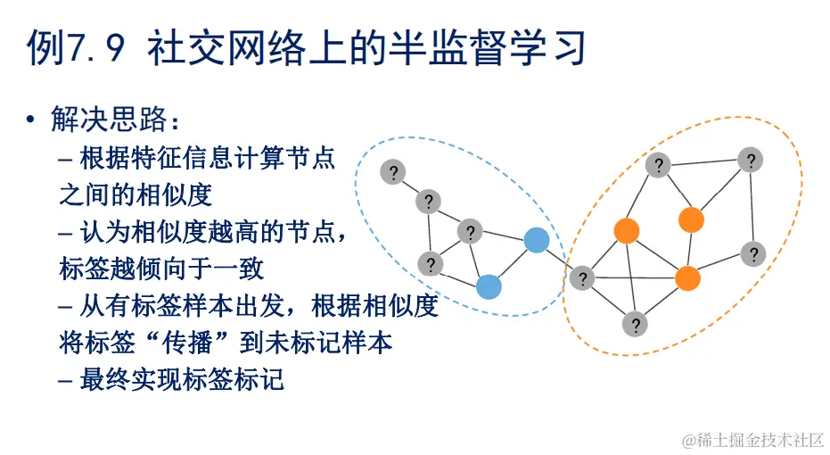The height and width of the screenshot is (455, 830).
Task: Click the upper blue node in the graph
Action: tap(536, 240)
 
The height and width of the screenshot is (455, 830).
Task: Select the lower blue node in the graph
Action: tap(489, 286)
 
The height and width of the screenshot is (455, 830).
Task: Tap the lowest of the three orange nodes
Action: tap(687, 278)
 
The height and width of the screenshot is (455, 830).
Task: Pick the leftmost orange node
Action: tap(627, 231)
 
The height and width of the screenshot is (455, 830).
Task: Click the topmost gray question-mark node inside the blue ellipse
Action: tap(392, 172)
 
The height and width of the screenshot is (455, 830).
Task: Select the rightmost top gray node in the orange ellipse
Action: tap(751, 161)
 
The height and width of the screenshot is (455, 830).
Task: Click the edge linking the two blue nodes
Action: tap(513, 263)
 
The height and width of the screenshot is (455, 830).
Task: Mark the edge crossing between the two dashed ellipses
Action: tap(559, 260)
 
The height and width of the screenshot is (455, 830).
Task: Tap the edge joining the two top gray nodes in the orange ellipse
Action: tap(704, 163)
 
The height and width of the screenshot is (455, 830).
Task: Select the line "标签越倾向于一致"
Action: tap(161, 269)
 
